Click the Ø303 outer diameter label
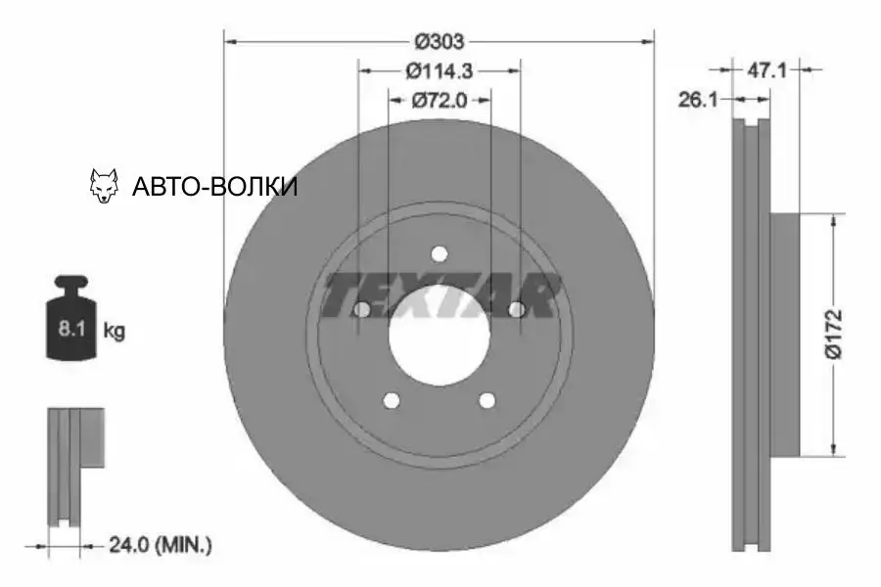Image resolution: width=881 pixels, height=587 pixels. tap(439, 41)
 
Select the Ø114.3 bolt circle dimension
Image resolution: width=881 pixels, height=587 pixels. tap(439, 70)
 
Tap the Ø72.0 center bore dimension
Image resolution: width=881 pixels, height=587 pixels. tap(439, 99)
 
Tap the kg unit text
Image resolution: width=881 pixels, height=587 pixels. tap(114, 331)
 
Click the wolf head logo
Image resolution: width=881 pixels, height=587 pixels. tap(104, 185)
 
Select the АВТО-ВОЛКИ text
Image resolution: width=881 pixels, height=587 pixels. tap(213, 186)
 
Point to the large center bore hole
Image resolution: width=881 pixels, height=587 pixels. tap(439, 338)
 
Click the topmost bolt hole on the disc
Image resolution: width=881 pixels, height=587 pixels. tap(439, 254)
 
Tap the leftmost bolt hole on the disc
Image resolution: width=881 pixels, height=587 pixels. tap(360, 310)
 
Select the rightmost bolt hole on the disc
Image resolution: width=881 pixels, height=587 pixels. tap(517, 310)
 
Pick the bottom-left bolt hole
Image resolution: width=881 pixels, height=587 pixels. tap(391, 401)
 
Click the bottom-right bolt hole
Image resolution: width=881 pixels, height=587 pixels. tap(487, 401)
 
